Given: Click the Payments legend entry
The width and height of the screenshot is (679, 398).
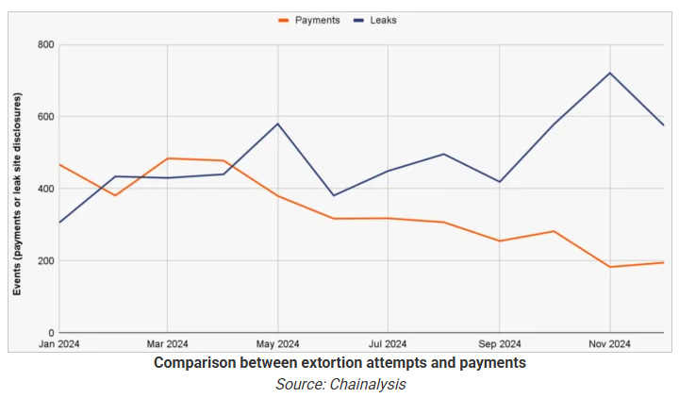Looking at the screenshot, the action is [x=309, y=21].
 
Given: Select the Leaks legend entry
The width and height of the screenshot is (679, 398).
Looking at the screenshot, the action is [x=375, y=21].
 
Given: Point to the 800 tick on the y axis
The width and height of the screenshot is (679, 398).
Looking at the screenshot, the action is [x=46, y=44].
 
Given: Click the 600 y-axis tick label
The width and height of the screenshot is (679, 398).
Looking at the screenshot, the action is [x=46, y=117].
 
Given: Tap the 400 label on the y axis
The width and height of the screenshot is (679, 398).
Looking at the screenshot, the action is [x=46, y=189].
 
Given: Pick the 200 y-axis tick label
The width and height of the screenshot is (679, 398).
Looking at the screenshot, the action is [x=46, y=260].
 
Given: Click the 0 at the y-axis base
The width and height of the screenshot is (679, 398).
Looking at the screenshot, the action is [x=52, y=333].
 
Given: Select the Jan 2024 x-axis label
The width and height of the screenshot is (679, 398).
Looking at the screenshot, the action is [x=58, y=344].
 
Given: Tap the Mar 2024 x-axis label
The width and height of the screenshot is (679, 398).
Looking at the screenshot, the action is [x=167, y=344].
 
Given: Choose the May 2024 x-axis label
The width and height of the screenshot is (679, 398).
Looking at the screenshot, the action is [x=277, y=344].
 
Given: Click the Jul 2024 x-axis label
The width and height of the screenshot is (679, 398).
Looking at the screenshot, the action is [x=388, y=344].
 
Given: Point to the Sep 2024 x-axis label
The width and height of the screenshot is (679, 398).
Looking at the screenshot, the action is [x=499, y=344].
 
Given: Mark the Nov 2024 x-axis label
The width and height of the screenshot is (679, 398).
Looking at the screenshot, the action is [x=610, y=344].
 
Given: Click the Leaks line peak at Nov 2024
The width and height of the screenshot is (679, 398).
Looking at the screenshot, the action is [x=610, y=73].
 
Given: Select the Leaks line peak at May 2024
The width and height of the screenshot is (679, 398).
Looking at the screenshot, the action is [x=278, y=124].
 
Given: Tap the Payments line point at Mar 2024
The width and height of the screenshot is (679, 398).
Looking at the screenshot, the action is [x=168, y=158].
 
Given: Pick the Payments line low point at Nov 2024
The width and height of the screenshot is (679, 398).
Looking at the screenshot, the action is [x=610, y=267].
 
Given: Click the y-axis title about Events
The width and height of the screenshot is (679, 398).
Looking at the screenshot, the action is [x=17, y=194].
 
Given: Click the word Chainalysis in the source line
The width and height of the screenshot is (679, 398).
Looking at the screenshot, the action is [x=368, y=384].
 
